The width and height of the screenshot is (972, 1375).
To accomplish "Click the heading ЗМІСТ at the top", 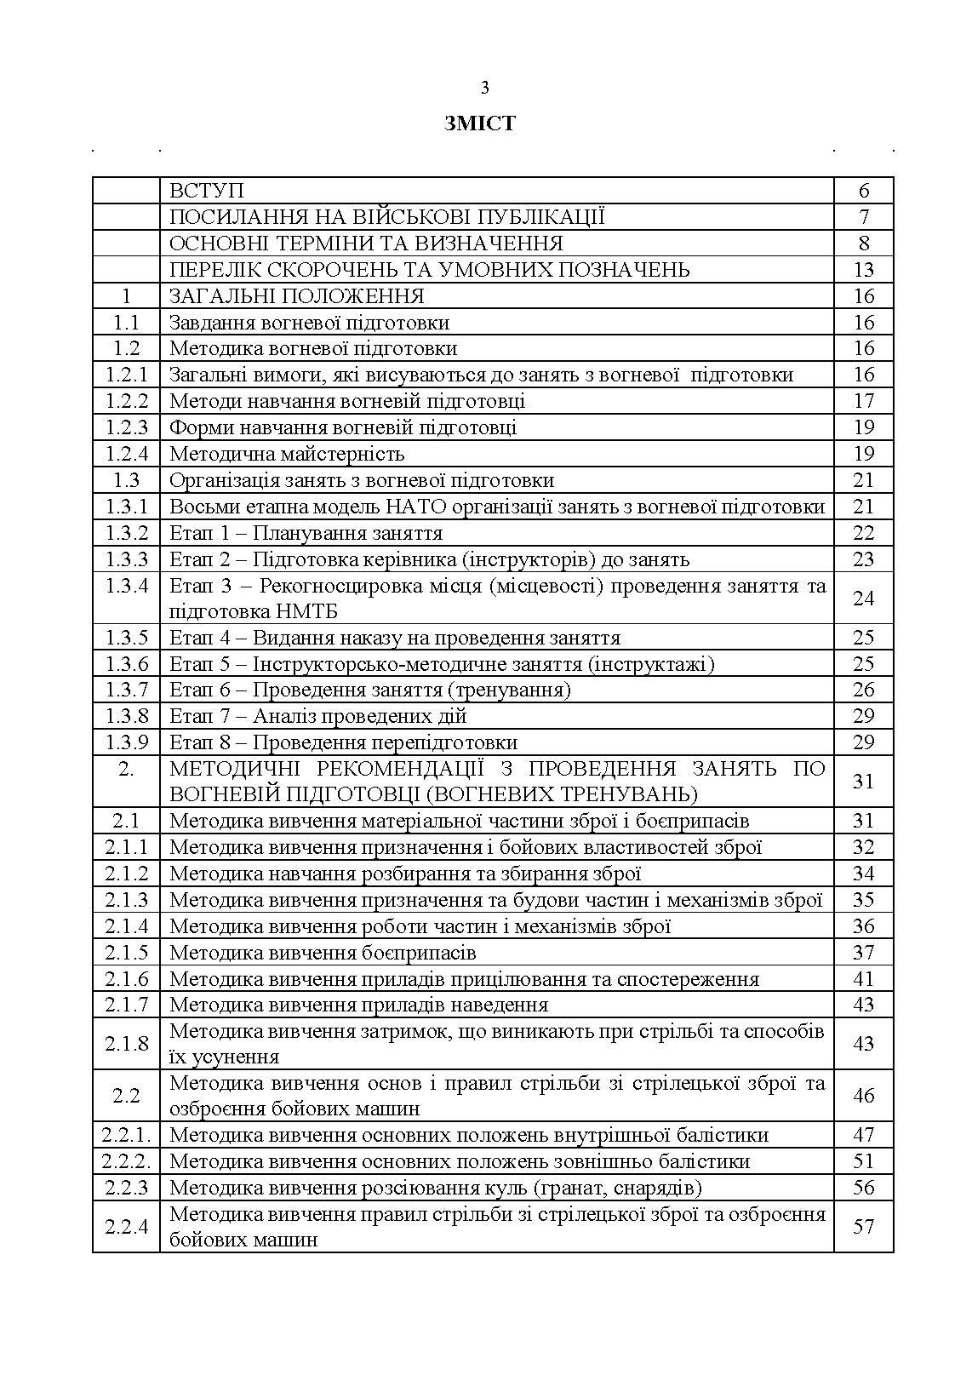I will click(x=479, y=123).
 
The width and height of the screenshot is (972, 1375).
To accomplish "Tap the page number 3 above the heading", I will click(x=485, y=87).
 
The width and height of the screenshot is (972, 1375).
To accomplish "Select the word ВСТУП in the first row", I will click(x=207, y=191).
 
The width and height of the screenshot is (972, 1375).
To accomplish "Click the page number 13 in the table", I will click(x=863, y=270).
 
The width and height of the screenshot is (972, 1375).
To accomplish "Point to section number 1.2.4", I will click(x=126, y=454).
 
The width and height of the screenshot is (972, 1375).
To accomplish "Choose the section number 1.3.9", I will click(x=126, y=742).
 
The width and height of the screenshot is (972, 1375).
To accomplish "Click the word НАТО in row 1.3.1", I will click(x=416, y=507).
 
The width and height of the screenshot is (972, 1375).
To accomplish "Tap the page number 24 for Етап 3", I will click(x=863, y=599).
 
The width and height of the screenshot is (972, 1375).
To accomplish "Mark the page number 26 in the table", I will click(x=863, y=690).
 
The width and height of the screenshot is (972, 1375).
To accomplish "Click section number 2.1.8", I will click(x=126, y=1044).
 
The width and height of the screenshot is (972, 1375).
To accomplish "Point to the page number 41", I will click(x=863, y=979).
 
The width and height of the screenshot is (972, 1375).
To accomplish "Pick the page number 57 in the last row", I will click(x=863, y=1227).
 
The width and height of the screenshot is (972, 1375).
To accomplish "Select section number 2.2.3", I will click(x=126, y=1188).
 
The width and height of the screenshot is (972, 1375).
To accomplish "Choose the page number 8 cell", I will click(x=863, y=243).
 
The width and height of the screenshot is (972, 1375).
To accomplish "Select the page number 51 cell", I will click(x=863, y=1161).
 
